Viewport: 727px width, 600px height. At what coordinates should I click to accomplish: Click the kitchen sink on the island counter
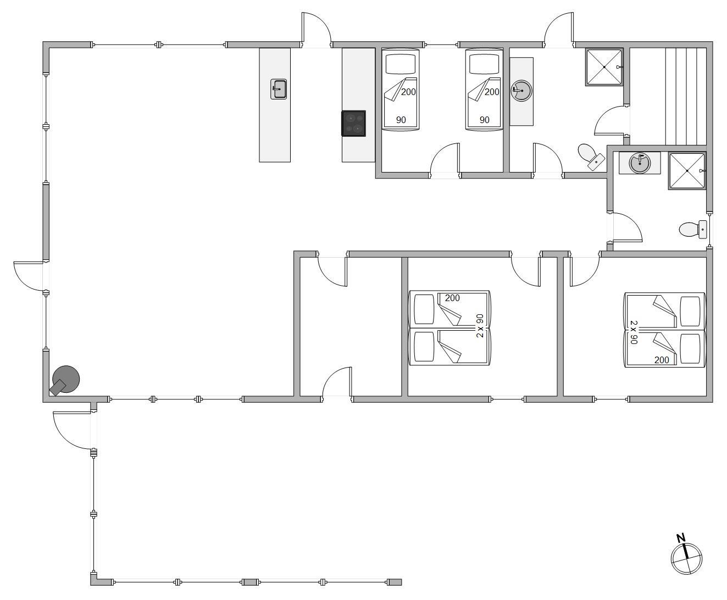279,89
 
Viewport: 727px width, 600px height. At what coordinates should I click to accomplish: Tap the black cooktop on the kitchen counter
353,123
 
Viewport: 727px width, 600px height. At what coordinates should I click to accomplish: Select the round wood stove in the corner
65,380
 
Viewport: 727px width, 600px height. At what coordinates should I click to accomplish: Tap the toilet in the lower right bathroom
693,230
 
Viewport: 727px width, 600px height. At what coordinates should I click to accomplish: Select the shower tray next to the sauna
604,67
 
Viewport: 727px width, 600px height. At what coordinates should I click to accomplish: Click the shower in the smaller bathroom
687,171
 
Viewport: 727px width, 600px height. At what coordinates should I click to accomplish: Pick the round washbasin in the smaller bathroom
640,163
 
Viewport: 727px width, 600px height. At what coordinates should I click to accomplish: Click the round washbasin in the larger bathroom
521,91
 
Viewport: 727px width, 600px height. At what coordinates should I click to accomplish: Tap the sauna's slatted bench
686,97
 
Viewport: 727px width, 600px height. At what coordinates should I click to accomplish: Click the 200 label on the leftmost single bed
408,92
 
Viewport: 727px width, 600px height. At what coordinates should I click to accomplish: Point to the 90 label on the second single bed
484,120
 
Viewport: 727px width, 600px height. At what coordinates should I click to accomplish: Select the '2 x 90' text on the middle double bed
480,326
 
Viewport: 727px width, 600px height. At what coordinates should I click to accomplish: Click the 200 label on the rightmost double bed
662,360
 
